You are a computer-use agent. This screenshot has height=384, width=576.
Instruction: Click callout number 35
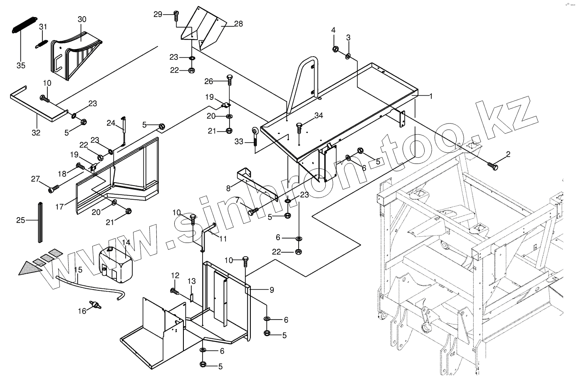click(21, 66)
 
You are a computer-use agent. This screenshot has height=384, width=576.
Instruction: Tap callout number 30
click(82, 20)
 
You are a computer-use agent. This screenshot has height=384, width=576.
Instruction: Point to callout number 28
click(238, 24)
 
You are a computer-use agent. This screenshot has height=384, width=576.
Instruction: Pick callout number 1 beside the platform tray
click(431, 96)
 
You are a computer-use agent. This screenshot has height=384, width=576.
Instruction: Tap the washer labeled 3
click(348, 56)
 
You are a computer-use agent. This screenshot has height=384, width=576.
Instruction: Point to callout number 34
click(319, 115)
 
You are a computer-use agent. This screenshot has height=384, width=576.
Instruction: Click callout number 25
click(21, 220)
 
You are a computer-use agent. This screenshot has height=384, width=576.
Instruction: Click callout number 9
click(272, 290)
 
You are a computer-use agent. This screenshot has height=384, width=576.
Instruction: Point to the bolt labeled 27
click(53, 189)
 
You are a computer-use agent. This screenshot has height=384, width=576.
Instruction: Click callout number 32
click(36, 133)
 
